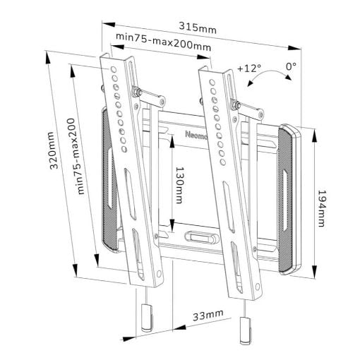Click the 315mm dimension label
pos(198,28)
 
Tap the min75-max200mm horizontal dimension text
pos(164,42)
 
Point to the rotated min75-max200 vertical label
pos(76,156)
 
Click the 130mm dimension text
pos(180,185)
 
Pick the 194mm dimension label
pos(322,208)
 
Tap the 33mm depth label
pos(208,316)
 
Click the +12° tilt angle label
pos(249,68)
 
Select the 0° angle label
pos(291,66)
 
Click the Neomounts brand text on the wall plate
pos(196,135)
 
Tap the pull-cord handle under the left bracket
pos(147,318)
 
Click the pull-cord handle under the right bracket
pos(246,330)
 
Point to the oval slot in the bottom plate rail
pos(202,237)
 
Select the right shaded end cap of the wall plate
pos(289,199)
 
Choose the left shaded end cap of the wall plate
pos(109,179)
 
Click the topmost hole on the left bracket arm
pos(114,70)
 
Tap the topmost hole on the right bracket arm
pos(212,83)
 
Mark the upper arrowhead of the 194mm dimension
pos(314,136)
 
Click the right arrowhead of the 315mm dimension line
pos(294,47)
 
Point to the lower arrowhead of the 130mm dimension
pos(172,226)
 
